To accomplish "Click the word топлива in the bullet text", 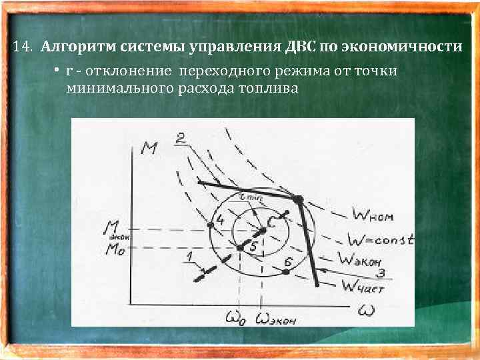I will coord(267,89).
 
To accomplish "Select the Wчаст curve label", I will coord(365,287).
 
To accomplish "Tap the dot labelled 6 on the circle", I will coord(287,271).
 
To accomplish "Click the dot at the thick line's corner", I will coord(298,199).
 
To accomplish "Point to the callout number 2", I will coord(180,138).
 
